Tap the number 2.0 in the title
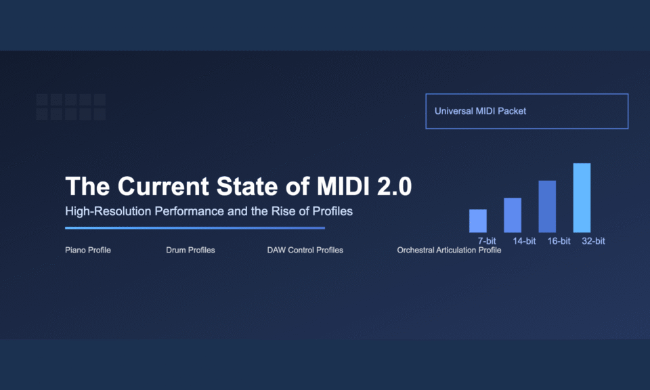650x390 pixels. (394, 186)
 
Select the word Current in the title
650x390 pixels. (163, 186)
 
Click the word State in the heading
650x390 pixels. (247, 186)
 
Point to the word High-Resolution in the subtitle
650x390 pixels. (108, 211)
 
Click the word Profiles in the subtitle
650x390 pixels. (332, 211)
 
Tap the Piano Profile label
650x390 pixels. (88, 250)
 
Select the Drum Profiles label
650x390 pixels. (190, 250)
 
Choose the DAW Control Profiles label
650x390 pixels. (305, 250)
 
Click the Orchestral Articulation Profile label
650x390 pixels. (449, 250)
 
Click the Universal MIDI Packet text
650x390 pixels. (480, 111)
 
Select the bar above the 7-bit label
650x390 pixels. (478, 221)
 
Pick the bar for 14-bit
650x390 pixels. (513, 215)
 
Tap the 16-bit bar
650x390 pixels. (547, 207)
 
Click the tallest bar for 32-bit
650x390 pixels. (582, 198)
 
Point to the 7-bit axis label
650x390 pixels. (487, 241)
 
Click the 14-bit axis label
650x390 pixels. (524, 241)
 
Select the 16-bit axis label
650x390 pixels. (559, 241)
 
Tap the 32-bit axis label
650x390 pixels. (593, 241)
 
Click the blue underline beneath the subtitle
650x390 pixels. (195, 227)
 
